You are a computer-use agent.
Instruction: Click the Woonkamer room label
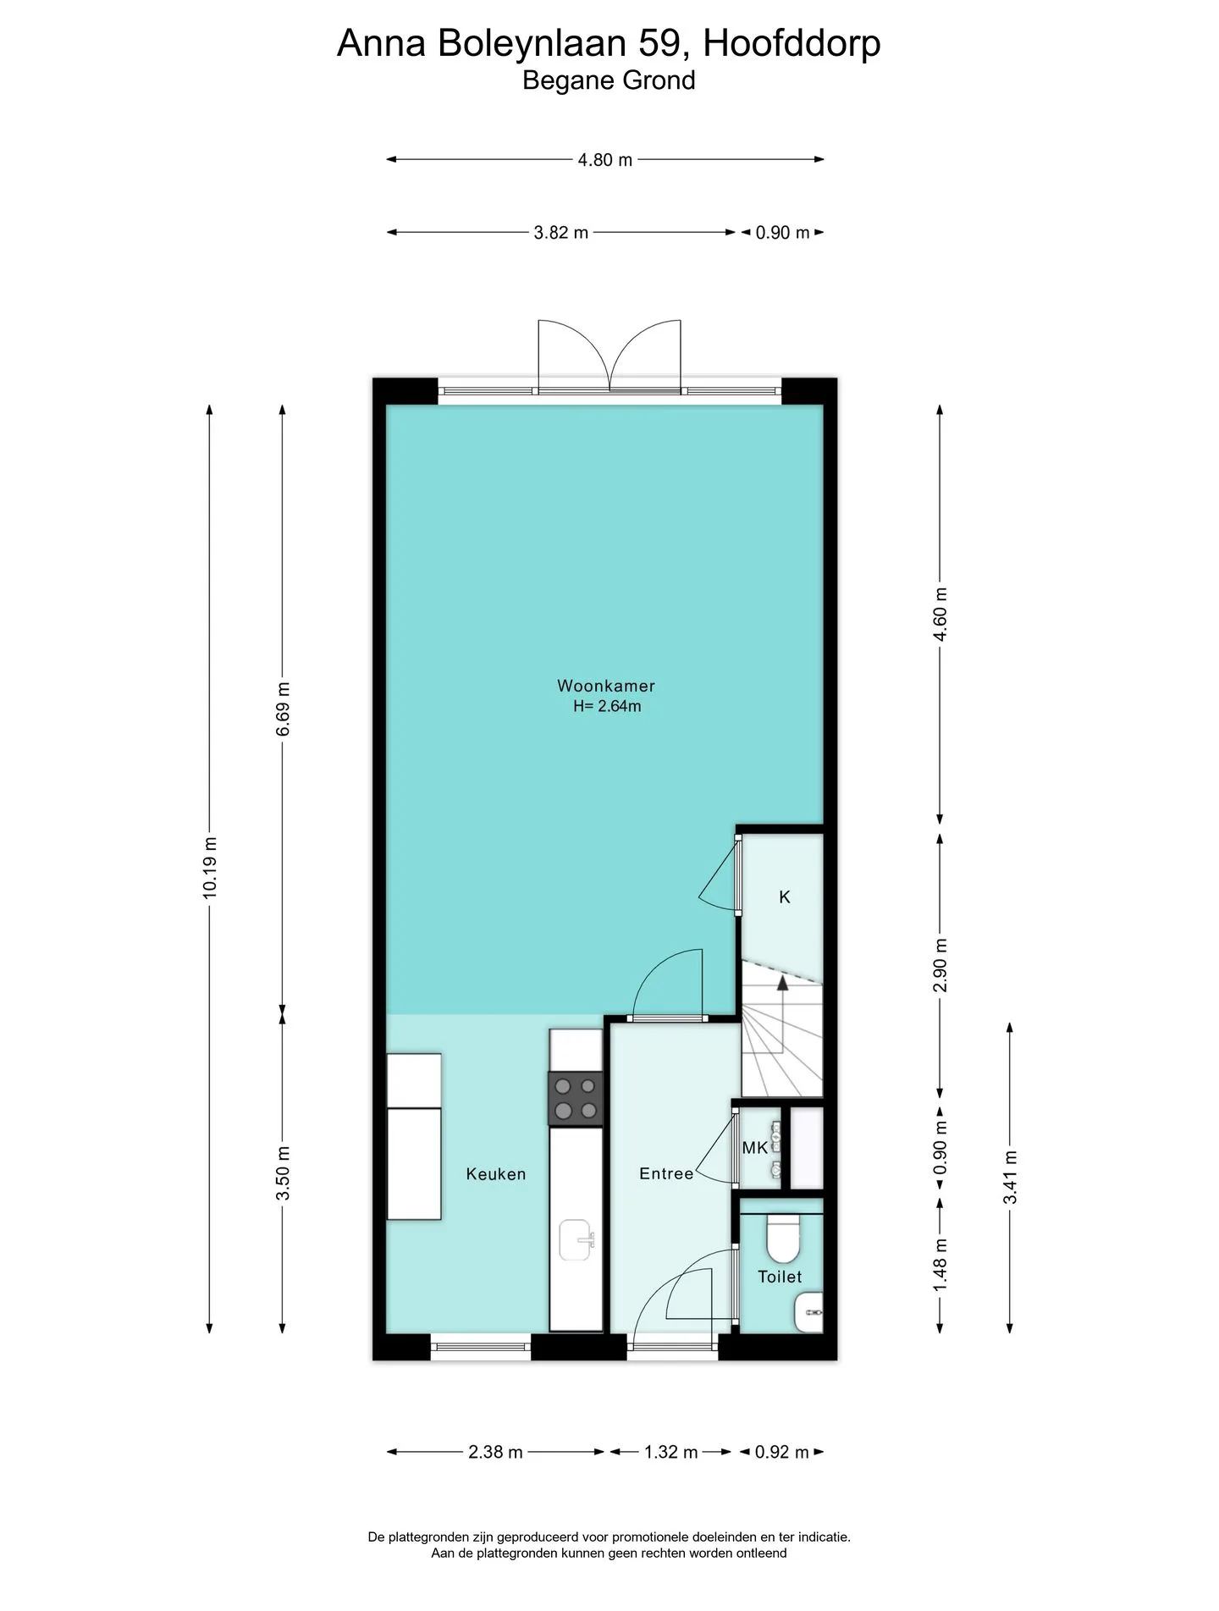pyautogui.click(x=606, y=686)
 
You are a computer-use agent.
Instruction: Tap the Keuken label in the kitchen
pyautogui.click(x=496, y=1174)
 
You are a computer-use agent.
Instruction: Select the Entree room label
pyautogui.click(x=666, y=1173)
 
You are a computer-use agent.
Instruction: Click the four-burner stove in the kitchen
pyautogui.click(x=576, y=1099)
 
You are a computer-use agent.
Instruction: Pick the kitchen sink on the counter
pyautogui.click(x=577, y=1240)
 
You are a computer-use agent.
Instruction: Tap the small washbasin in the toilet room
pyautogui.click(x=809, y=1311)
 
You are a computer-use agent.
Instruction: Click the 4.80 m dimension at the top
pyautogui.click(x=605, y=159)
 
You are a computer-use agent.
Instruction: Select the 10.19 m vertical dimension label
pyautogui.click(x=210, y=868)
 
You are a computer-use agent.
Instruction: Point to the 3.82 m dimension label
pyautogui.click(x=560, y=232)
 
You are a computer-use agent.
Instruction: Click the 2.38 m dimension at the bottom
pyautogui.click(x=495, y=1452)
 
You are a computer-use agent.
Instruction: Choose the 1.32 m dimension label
pyautogui.click(x=671, y=1452)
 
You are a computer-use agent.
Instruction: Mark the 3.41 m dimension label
pyautogui.click(x=1010, y=1177)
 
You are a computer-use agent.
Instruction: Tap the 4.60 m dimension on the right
pyautogui.click(x=940, y=614)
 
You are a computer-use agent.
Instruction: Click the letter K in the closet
pyautogui.click(x=785, y=897)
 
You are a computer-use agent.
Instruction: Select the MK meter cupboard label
pyautogui.click(x=755, y=1148)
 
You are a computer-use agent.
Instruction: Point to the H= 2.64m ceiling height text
pyautogui.click(x=607, y=706)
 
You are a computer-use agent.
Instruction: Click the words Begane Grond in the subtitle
pyautogui.click(x=609, y=80)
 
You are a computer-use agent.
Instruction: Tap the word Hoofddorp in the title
pyautogui.click(x=792, y=43)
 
